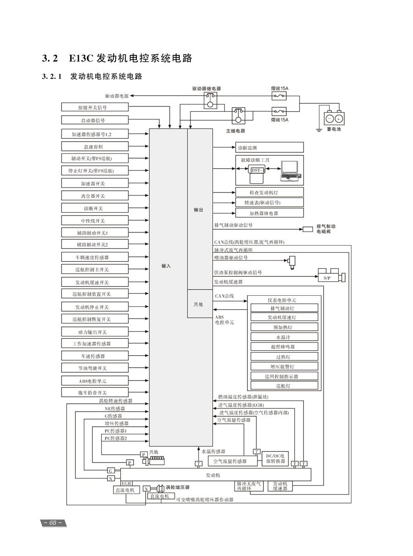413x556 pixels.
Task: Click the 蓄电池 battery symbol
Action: pos(334,118)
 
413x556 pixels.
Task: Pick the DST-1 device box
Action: pos(257,171)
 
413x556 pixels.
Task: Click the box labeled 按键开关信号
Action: pos(95,107)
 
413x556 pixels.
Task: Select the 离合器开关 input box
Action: pos(95,196)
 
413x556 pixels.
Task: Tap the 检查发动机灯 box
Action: pos(269,193)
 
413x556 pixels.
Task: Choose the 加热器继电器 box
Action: pos(269,213)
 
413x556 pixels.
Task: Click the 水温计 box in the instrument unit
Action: pos(284,337)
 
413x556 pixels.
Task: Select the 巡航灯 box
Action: pos(284,386)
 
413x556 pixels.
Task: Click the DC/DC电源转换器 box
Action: pos(274,458)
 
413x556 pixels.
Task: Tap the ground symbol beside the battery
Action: pos(318,130)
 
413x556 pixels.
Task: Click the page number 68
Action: pos(53,523)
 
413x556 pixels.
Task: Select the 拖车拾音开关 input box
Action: pos(95,392)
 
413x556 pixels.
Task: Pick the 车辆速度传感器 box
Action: pos(95,257)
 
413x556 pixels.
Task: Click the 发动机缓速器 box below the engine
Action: pos(280,486)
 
